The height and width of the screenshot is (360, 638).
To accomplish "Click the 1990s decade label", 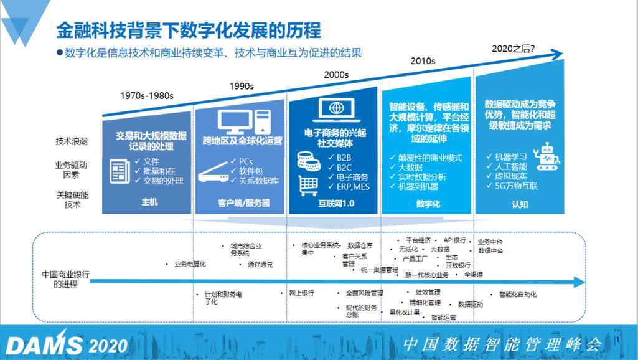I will point(242,87).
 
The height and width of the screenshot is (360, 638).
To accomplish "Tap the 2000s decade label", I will point(336,75).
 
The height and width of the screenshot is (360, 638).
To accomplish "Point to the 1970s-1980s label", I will point(147,96).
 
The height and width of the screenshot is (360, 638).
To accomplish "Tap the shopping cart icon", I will point(309,184).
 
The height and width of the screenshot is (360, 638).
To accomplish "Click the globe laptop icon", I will point(337,110).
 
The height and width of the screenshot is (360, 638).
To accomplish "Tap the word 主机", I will point(149,202).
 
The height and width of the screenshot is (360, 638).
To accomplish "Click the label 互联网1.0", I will point(335,203).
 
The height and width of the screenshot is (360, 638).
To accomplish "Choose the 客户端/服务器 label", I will point(243,203).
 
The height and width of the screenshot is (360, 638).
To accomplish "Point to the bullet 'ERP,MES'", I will point(352,186).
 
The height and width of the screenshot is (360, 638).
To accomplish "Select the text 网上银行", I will point(301,293).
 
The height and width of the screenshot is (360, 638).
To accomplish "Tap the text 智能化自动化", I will point(514,294).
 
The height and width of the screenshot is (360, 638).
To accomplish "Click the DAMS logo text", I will point(44,344).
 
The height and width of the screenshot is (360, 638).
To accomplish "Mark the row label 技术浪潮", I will point(72,141).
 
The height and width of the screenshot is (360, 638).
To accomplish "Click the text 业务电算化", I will point(190,264).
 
